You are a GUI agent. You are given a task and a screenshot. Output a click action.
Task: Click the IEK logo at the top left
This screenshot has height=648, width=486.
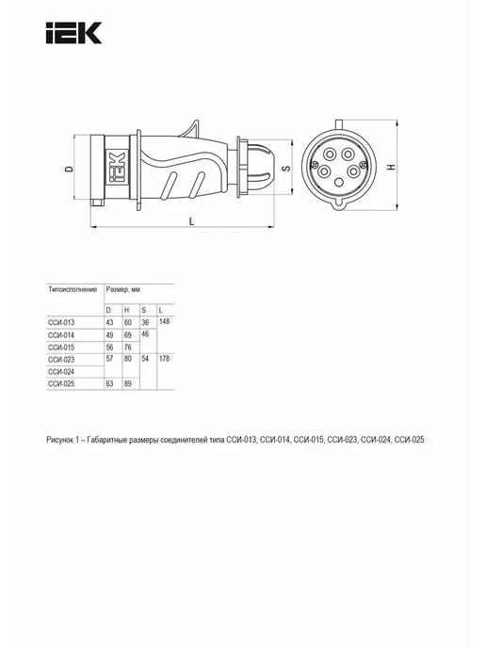point(74,33)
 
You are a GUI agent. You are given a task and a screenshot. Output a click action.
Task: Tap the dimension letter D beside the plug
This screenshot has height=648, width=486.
point(70,169)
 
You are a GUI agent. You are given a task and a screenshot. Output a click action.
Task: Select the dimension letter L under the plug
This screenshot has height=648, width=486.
point(192,222)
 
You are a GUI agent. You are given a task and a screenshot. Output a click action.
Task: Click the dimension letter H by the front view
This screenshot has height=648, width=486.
point(392,167)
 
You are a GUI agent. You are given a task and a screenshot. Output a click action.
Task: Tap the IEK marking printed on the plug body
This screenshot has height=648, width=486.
point(117,167)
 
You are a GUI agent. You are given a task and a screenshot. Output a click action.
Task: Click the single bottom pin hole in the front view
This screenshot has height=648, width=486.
point(339,182)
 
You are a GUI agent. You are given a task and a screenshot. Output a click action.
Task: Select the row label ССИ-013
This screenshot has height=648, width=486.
point(61,323)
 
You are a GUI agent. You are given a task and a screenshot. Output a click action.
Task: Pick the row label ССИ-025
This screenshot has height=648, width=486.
point(61,384)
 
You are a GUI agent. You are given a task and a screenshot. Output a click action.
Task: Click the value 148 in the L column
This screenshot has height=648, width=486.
point(164,321)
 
